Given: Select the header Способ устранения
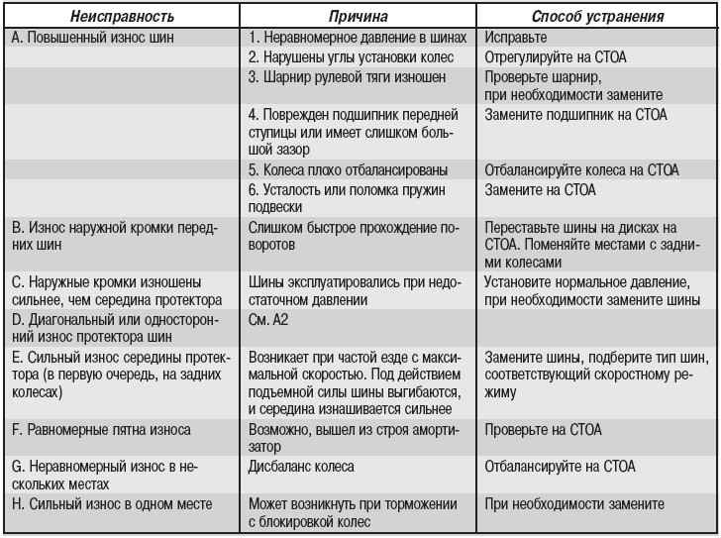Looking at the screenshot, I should [599, 18].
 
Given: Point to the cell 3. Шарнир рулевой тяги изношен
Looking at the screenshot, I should [346, 76].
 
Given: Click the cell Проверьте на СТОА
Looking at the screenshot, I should [543, 430].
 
